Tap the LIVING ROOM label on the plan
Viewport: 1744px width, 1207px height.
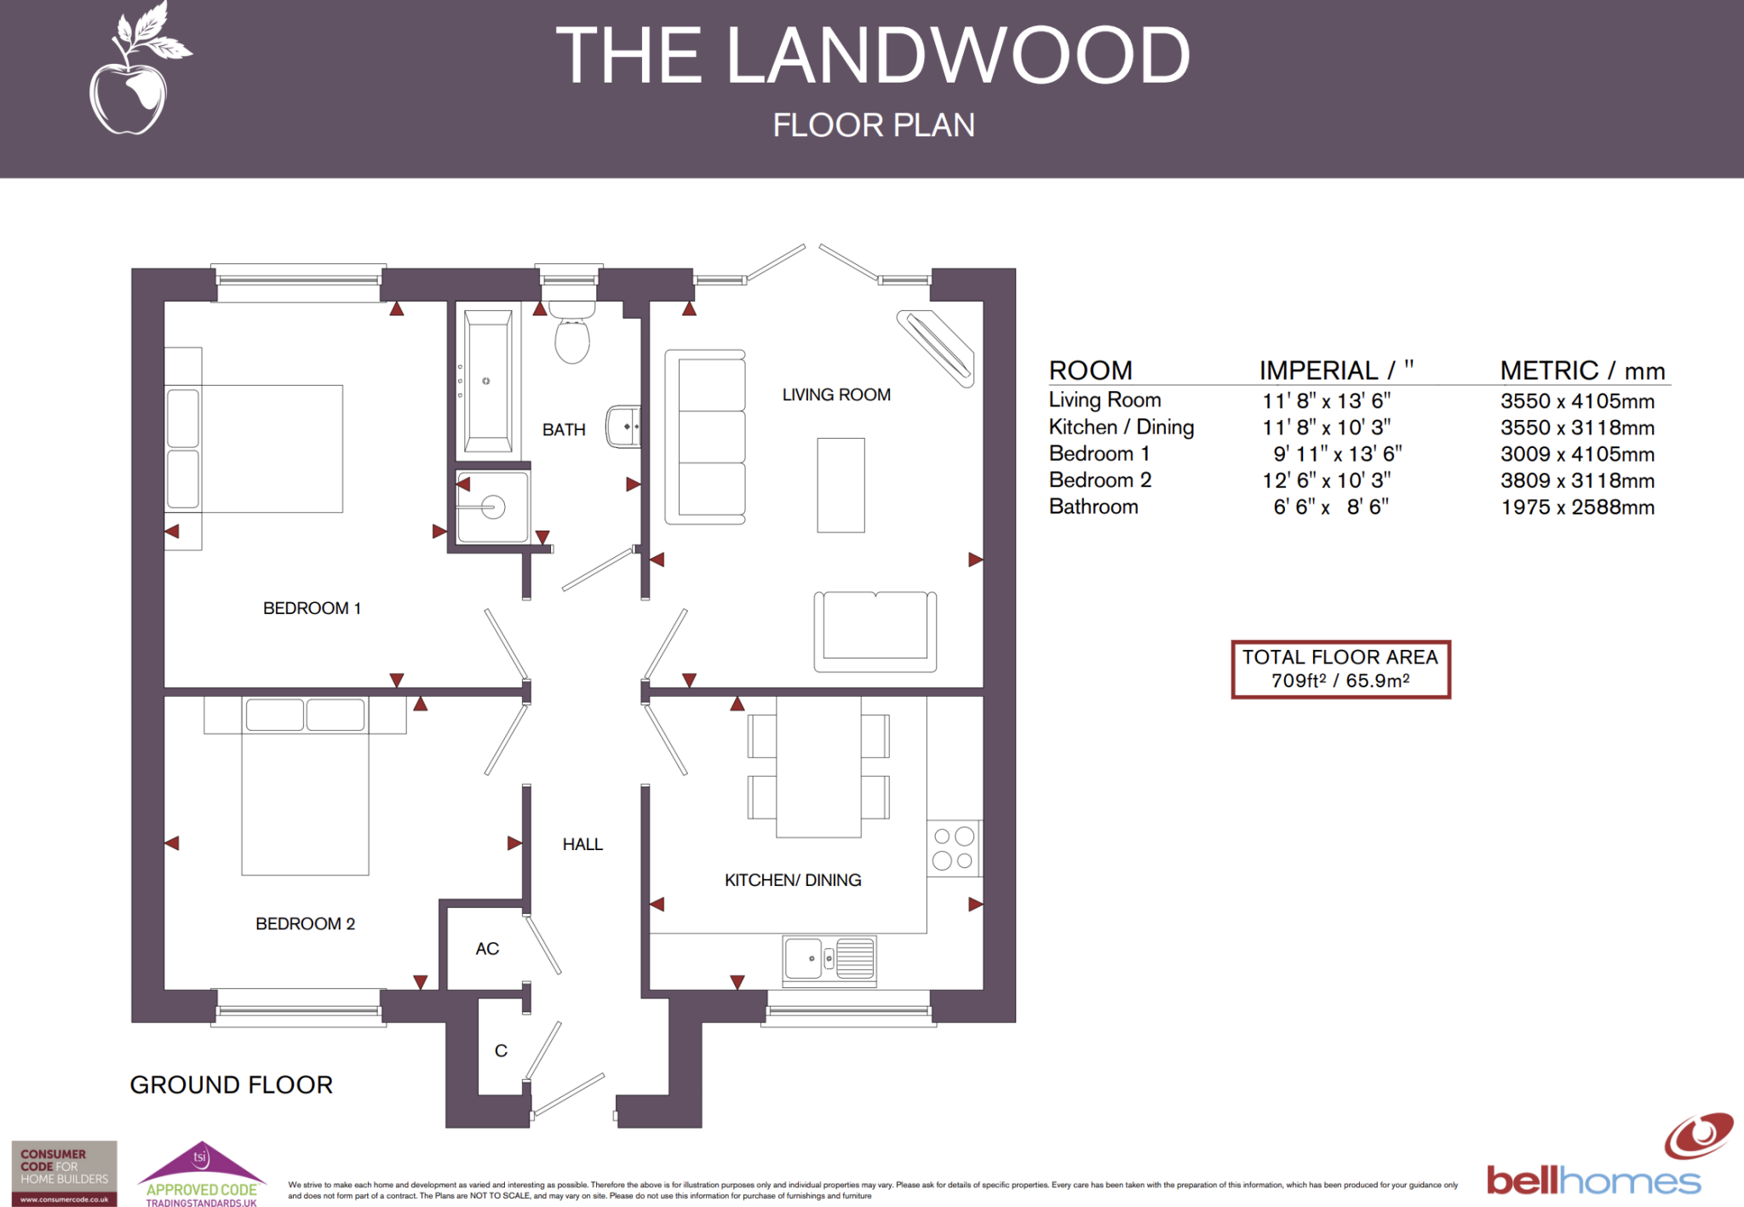pyautogui.click(x=835, y=395)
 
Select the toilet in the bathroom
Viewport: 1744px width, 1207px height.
pyautogui.click(x=572, y=338)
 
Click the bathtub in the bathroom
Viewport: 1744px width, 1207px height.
pyautogui.click(x=488, y=382)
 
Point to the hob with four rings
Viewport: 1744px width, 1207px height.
pyautogui.click(x=953, y=848)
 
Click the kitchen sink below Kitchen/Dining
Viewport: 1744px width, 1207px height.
pyautogui.click(x=829, y=959)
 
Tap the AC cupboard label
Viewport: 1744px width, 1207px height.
pyautogui.click(x=487, y=949)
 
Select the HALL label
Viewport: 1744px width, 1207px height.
pyautogui.click(x=582, y=844)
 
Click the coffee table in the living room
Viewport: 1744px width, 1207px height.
pyautogui.click(x=840, y=485)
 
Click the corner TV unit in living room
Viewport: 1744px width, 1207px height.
pyautogui.click(x=935, y=348)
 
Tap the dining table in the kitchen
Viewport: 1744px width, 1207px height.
pyautogui.click(x=818, y=766)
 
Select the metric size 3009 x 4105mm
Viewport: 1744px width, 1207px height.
pyautogui.click(x=1576, y=454)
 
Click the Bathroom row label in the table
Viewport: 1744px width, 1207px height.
pyautogui.click(x=1093, y=507)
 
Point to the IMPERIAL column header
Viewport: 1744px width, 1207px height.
pyautogui.click(x=1335, y=371)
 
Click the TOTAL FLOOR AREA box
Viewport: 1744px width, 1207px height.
pyautogui.click(x=1340, y=670)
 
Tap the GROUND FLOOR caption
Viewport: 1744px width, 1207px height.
pyautogui.click(x=231, y=1084)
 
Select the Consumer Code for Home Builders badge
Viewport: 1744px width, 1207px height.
pyautogui.click(x=64, y=1173)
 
